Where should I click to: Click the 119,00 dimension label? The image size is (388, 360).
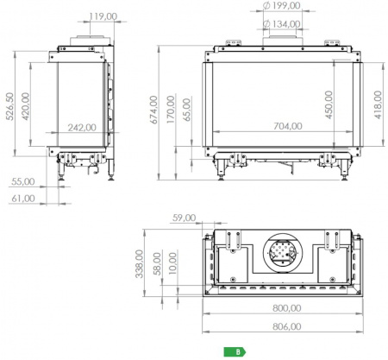tap(103, 16)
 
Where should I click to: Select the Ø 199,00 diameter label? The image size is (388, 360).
tap(282, 5)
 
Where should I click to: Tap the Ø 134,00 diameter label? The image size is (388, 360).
tap(282, 24)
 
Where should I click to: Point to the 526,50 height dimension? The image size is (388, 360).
tap(9, 106)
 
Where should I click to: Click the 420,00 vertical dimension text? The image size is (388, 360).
tap(26, 106)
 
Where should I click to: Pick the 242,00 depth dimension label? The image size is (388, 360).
tap(82, 127)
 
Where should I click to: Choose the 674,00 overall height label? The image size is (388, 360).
tap(154, 110)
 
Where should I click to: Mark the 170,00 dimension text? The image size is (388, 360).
tap(171, 110)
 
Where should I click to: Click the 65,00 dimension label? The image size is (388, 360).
tap(187, 110)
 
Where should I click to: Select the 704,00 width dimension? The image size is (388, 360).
tap(288, 126)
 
